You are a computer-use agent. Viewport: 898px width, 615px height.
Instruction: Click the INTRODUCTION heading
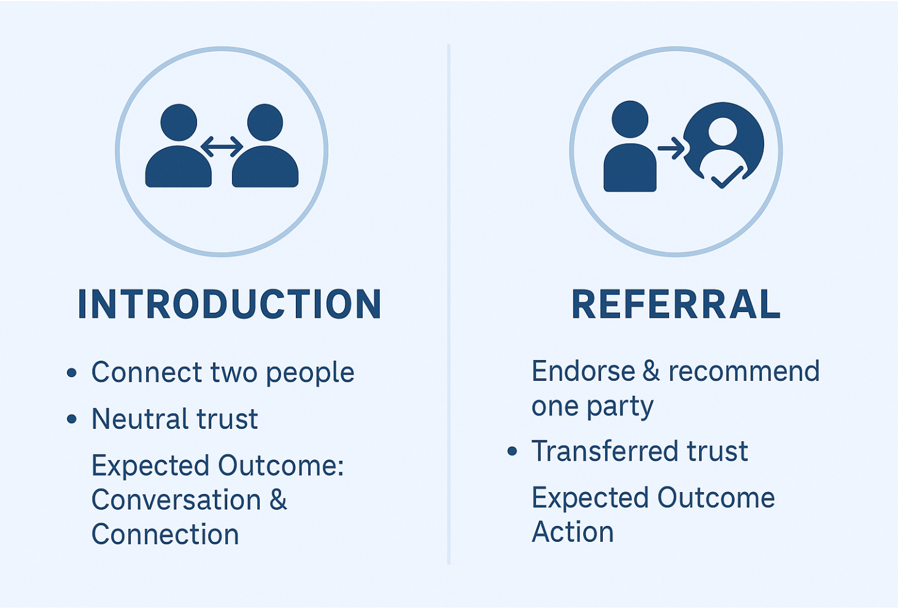230,304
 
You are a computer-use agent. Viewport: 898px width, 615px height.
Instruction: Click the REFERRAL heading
676,304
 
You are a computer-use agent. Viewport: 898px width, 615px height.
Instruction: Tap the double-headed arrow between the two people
222,146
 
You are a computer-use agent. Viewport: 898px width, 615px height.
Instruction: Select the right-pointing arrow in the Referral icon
671,148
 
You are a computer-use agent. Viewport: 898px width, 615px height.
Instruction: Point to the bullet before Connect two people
72,372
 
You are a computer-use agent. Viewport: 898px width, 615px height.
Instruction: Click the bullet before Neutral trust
72,419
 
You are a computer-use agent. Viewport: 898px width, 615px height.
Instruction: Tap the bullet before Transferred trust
513,452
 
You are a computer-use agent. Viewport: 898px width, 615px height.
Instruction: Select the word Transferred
604,451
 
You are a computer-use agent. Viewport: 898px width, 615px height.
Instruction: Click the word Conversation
176,499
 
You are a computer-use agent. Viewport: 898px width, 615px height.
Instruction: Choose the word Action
572,532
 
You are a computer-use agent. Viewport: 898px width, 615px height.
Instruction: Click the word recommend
743,371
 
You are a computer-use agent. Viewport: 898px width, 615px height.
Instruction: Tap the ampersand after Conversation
278,499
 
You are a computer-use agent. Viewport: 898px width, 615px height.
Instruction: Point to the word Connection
165,535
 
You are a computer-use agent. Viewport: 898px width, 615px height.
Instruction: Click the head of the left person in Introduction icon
179,122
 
